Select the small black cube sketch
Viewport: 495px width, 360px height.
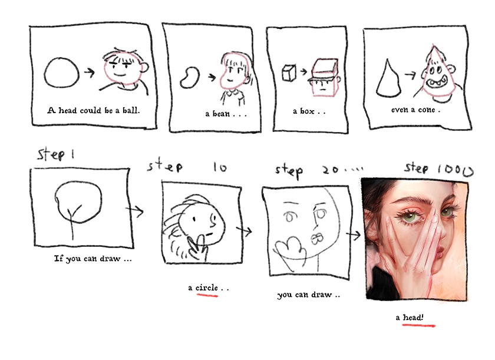pos(289,73)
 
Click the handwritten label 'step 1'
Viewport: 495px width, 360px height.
pos(56,154)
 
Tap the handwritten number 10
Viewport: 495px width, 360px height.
pos(220,167)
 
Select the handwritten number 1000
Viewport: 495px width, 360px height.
pos(456,170)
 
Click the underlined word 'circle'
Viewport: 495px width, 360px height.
pos(207,288)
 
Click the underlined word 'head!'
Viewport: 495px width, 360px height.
pos(414,318)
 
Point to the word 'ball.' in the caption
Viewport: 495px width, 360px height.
pos(131,110)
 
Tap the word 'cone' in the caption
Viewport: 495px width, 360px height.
pos(427,110)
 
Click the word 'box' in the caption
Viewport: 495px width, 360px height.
pos(307,111)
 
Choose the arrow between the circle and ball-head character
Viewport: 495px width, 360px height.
pos(90,72)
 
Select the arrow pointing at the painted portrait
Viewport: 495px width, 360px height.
pos(353,235)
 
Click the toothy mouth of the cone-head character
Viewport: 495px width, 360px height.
pos(437,83)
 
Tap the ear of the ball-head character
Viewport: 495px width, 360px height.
pos(145,68)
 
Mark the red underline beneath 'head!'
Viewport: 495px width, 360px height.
pos(418,325)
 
